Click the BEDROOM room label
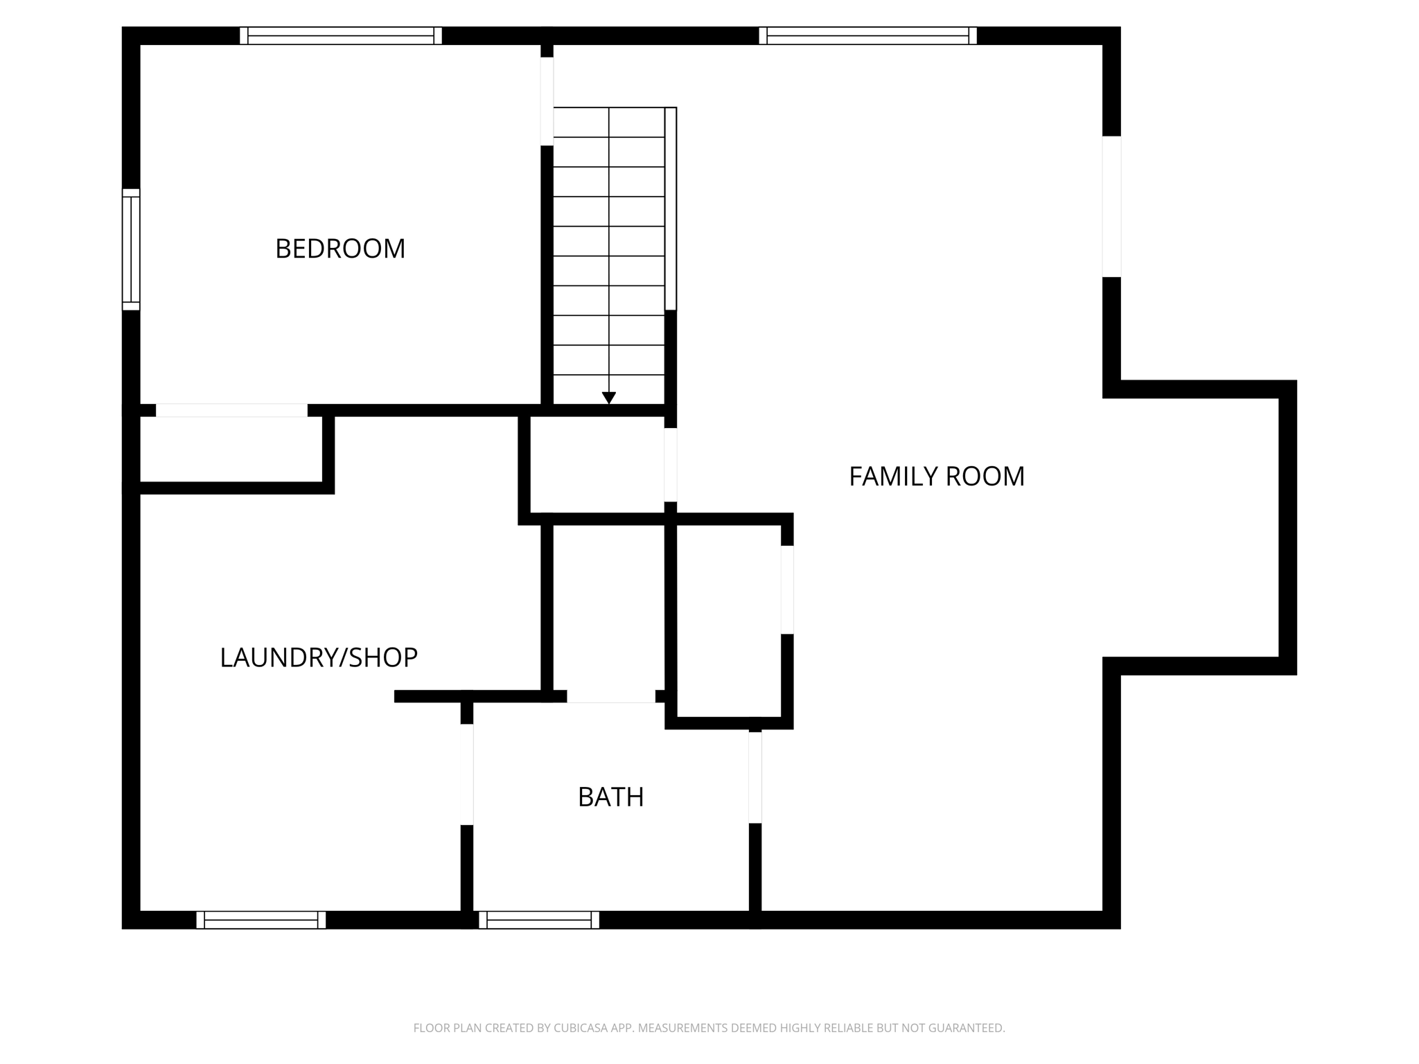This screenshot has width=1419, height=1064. coord(340,249)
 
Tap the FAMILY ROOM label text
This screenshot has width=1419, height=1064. coord(936,477)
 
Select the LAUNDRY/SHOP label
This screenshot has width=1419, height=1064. coord(319,657)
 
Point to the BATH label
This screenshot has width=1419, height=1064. coord(610,797)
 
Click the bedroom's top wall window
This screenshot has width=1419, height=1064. coord(341,35)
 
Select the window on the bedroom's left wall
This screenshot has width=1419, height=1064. coord(131,249)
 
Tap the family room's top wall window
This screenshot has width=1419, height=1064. coord(867,35)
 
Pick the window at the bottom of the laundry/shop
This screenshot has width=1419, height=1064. coord(261,920)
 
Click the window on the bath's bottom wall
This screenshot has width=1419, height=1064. coord(539,920)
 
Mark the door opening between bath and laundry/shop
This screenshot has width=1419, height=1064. coord(467,774)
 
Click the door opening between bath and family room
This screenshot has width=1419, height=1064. coord(755,777)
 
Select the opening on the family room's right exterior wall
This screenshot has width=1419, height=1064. coord(1111,206)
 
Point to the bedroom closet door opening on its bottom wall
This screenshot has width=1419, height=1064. coord(231,410)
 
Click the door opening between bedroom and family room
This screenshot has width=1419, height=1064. coord(547,101)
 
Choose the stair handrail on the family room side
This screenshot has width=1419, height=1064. coord(671,209)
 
